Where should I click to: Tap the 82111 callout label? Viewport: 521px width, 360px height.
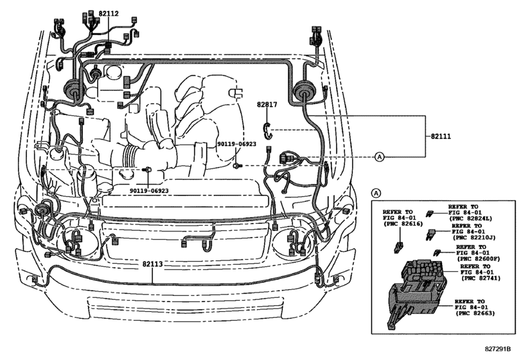(x=441, y=137)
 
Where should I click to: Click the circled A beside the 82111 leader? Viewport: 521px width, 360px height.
(x=378, y=156)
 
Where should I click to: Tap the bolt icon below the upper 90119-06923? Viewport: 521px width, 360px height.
(x=238, y=165)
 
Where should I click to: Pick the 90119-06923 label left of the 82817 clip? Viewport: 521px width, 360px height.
(x=236, y=144)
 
